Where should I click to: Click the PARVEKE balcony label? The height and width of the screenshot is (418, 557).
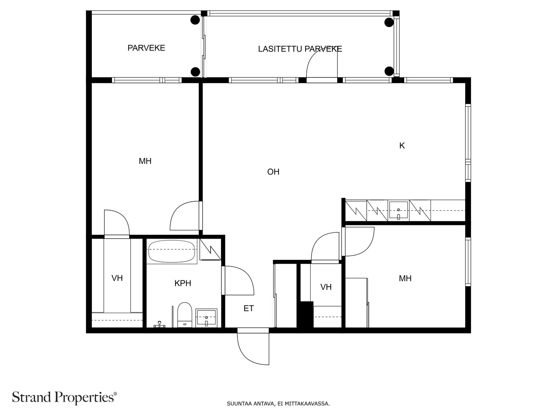click(x=146, y=48)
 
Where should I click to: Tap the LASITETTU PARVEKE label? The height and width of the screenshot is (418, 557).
click(x=300, y=49)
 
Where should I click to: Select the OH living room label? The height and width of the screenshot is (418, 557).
click(x=273, y=172)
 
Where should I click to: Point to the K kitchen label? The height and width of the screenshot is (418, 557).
click(x=402, y=146)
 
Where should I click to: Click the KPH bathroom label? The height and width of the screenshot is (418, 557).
click(x=183, y=283)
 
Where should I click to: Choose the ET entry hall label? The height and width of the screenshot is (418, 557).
click(x=249, y=308)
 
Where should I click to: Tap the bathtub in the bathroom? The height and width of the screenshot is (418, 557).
click(x=172, y=249)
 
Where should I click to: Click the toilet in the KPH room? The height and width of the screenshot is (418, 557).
click(x=185, y=315)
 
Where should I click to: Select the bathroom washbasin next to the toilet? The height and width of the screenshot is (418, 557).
click(x=206, y=318)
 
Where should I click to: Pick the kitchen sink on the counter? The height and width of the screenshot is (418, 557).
click(x=398, y=210)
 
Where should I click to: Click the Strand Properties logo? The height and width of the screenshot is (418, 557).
click(x=65, y=397)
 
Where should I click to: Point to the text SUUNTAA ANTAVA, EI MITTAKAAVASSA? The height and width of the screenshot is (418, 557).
click(x=278, y=403)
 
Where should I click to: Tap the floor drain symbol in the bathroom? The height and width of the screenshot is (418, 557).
click(x=159, y=325)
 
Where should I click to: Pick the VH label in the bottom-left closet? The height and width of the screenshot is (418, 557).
click(x=117, y=278)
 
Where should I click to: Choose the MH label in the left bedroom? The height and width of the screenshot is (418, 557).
click(x=145, y=161)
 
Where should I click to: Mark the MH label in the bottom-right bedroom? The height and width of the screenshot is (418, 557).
click(x=405, y=278)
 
